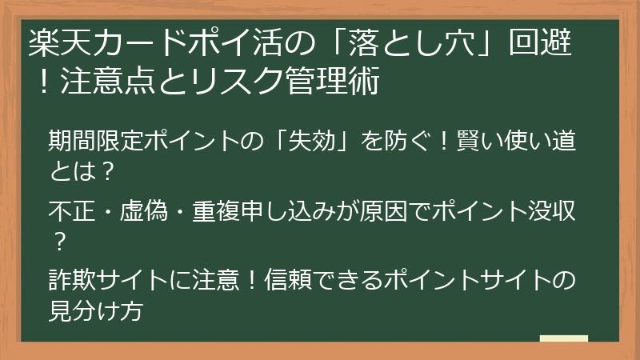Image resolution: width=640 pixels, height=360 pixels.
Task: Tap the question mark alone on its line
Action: (59, 239)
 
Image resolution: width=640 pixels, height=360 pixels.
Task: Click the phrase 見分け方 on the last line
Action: (95, 310)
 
